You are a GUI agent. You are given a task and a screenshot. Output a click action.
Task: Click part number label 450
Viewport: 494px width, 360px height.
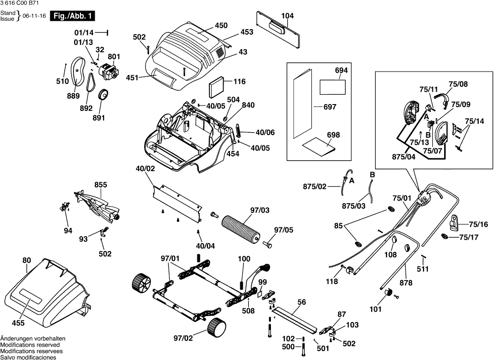click(x=221, y=25)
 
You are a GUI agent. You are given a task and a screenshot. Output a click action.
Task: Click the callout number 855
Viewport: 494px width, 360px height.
click(x=101, y=185)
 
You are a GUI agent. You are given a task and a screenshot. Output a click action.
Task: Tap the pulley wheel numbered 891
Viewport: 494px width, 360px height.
click(x=104, y=95)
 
